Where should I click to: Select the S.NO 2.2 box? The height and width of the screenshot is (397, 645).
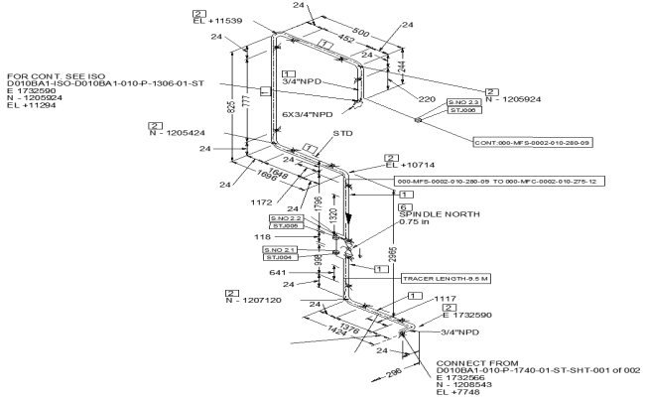[286, 218]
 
